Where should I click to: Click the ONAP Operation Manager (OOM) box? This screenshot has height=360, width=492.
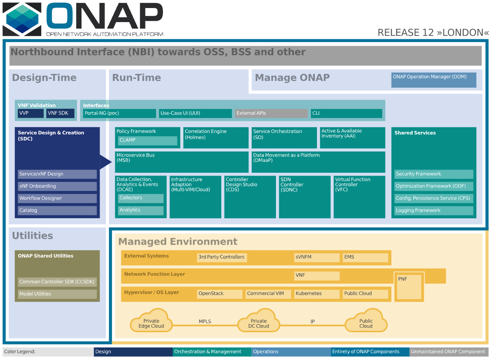[x=433, y=80]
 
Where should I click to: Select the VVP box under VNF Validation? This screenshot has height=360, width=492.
[x=31, y=113]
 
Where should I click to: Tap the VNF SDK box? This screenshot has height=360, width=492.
[x=60, y=113]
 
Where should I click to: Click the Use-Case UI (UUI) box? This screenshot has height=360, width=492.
[x=195, y=113]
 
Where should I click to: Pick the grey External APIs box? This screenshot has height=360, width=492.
[x=271, y=113]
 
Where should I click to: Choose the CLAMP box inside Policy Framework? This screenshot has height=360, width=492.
[x=147, y=140]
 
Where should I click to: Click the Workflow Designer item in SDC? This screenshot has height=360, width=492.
[x=57, y=198]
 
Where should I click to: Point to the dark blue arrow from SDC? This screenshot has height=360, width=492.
[x=106, y=162]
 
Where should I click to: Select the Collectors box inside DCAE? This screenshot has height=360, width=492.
[x=141, y=198]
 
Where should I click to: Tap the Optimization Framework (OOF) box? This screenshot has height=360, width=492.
[x=433, y=186]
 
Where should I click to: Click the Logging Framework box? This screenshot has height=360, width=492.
[x=433, y=210]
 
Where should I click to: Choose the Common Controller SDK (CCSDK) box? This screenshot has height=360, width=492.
[x=57, y=282]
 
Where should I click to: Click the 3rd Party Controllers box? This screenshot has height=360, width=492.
[x=221, y=257]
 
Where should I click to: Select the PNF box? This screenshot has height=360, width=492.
[x=409, y=287]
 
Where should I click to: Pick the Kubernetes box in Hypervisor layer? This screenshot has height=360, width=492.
[x=316, y=294]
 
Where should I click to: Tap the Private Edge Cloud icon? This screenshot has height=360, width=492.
[x=151, y=321]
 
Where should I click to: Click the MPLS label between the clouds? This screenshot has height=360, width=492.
[x=205, y=321]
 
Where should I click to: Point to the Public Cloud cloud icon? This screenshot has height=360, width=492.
[x=366, y=321]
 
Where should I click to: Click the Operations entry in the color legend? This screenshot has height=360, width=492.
[x=290, y=352]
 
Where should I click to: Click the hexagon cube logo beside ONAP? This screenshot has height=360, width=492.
[x=22, y=19]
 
